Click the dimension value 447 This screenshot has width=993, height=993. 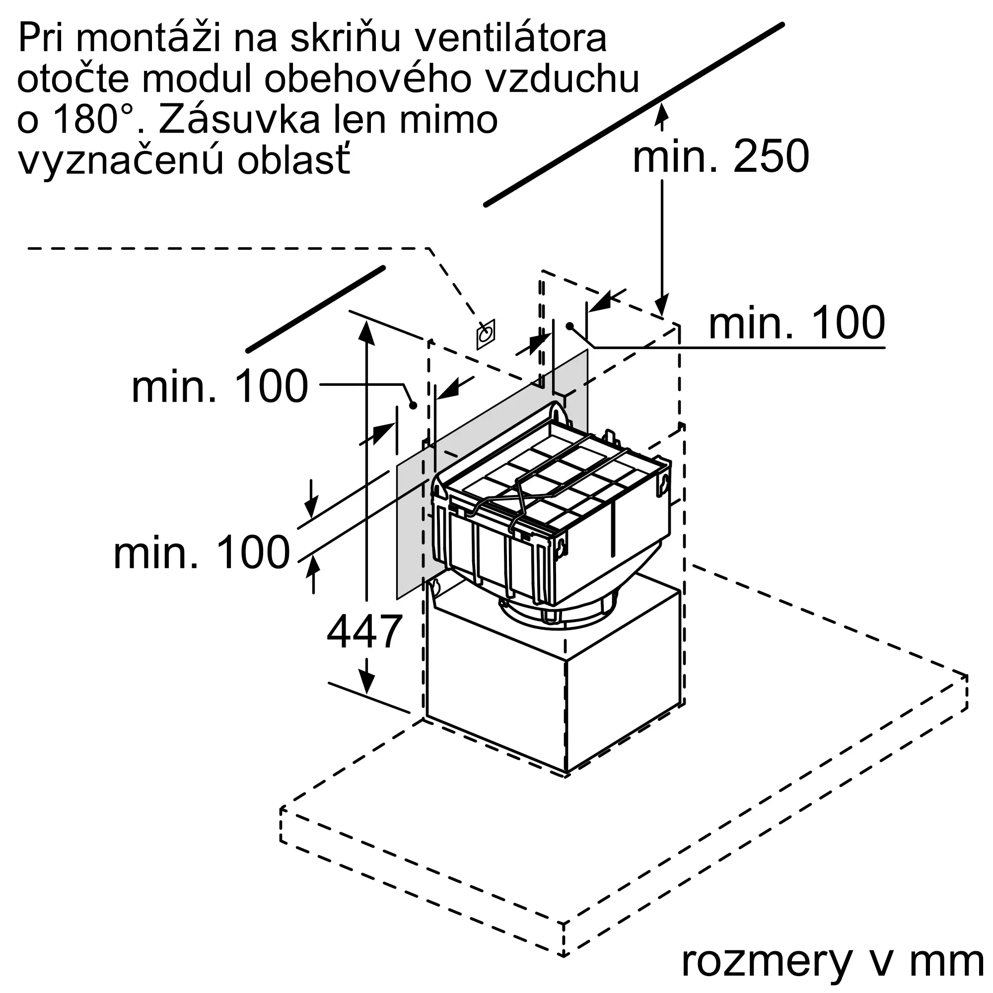coord(364,632)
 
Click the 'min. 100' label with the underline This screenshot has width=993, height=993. coord(797,323)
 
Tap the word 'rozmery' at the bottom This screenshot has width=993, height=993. coord(766,961)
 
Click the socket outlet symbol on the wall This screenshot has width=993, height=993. coord(485,335)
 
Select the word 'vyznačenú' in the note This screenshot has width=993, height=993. coord(121,160)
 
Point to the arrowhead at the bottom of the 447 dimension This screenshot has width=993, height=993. coord(366,683)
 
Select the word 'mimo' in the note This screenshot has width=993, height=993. coord(448,119)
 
